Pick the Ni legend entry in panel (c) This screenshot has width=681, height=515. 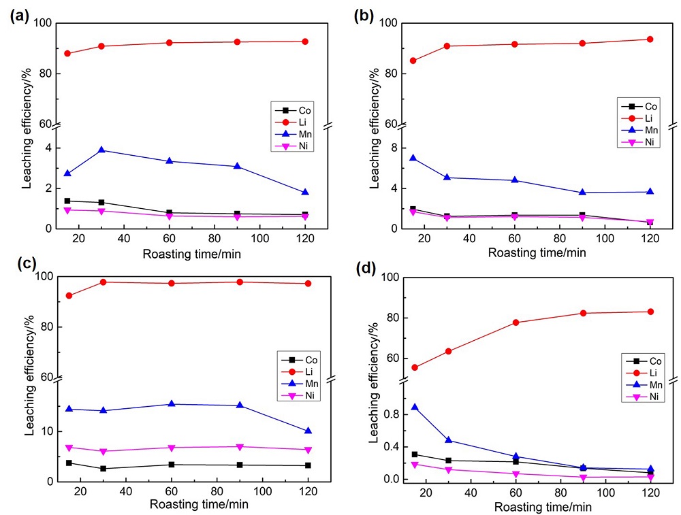[302, 396]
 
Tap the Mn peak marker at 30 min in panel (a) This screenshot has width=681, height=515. [101, 150]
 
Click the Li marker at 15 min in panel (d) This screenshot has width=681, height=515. [415, 367]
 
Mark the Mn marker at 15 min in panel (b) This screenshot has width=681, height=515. [413, 158]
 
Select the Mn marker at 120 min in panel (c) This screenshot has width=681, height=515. [308, 431]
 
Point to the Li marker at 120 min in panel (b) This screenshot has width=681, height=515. [650, 39]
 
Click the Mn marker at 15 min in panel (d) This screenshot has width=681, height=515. [415, 407]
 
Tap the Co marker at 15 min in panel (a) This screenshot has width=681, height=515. [67, 201]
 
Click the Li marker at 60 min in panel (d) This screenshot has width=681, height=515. [516, 322]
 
